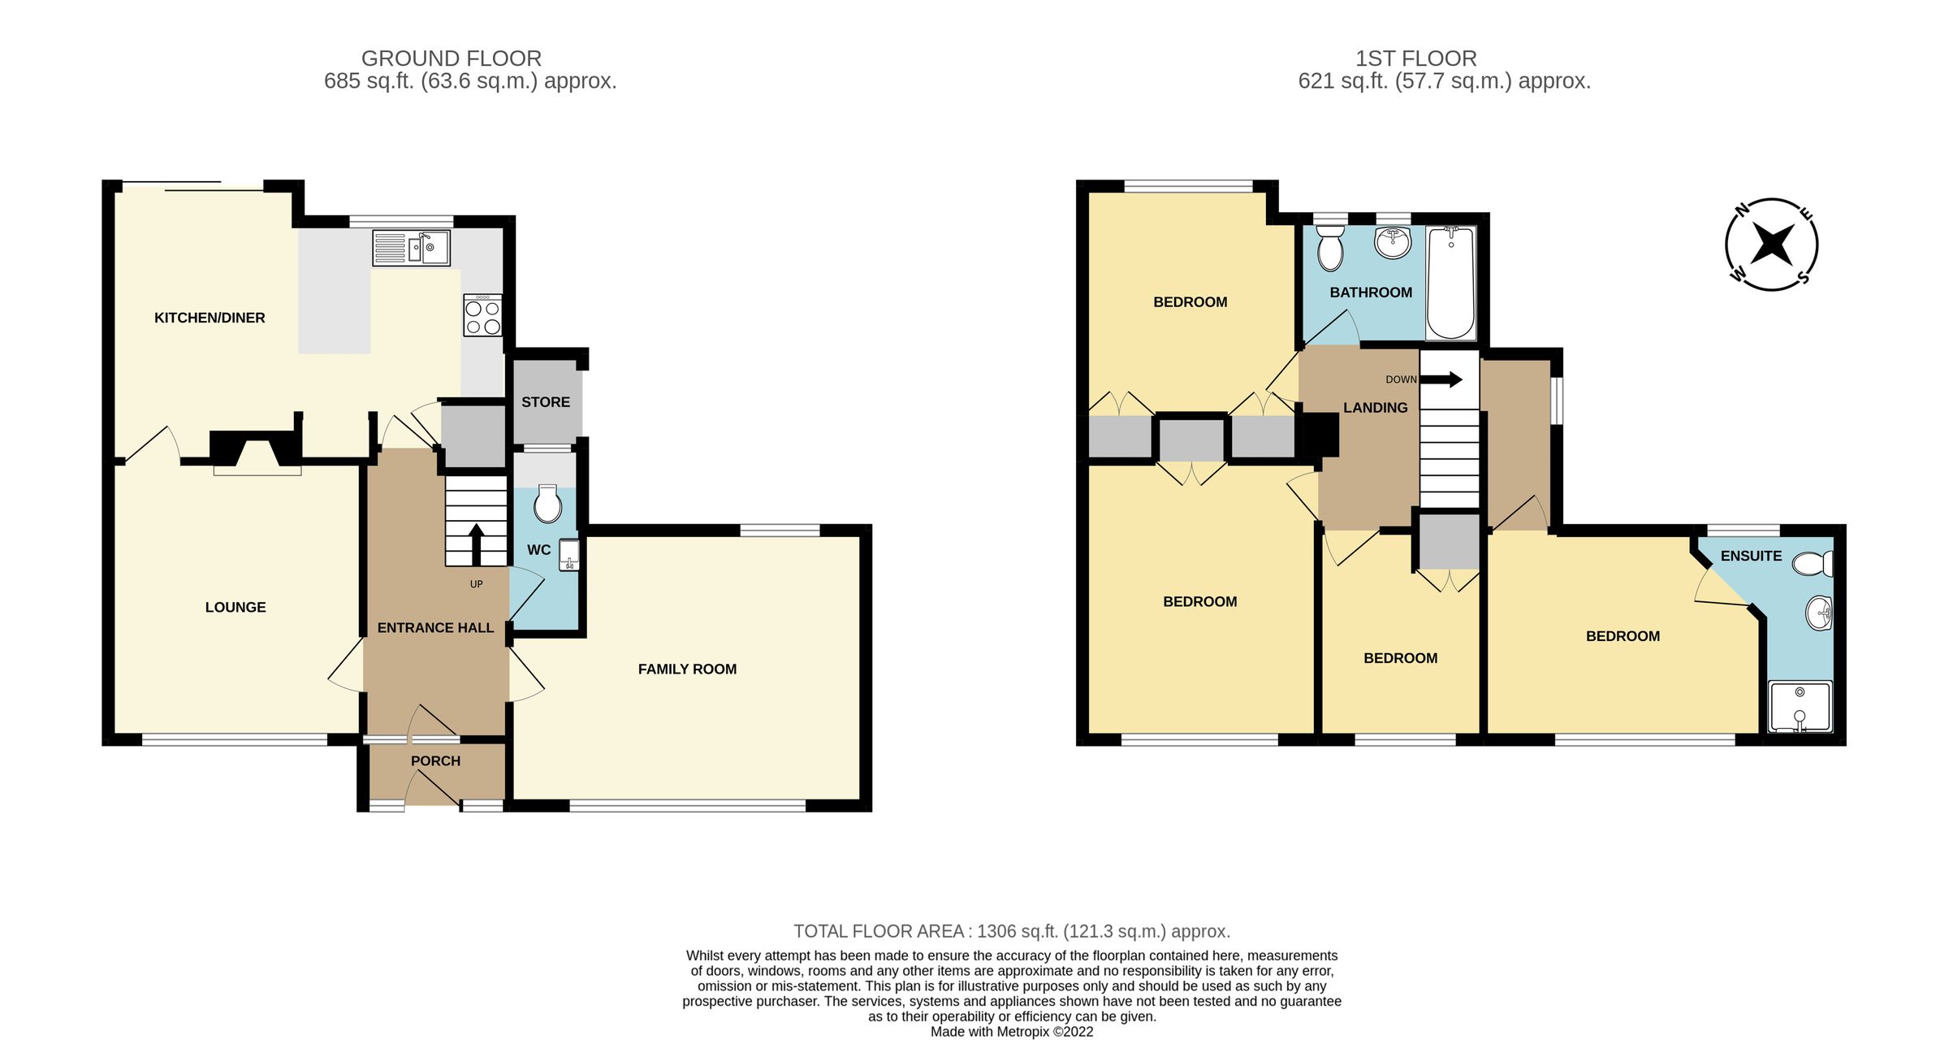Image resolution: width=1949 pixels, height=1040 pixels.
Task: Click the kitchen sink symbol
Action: tap(411, 248)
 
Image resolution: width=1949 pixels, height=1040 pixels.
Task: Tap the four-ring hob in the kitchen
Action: tap(482, 316)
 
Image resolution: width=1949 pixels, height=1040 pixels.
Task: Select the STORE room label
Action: tap(546, 402)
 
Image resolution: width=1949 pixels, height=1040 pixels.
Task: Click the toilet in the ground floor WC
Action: tap(548, 505)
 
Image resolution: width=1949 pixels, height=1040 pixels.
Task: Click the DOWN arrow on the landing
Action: tap(1442, 379)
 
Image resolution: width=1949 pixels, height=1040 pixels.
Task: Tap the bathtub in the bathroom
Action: tap(1451, 283)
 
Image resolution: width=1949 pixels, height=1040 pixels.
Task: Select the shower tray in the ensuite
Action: tap(1800, 706)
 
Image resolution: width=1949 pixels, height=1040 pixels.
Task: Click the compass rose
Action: tap(1771, 245)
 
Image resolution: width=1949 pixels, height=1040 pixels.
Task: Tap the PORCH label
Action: tap(435, 761)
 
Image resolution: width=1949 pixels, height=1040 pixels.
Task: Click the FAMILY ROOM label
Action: tap(687, 669)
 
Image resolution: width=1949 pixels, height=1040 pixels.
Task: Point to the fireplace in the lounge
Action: tap(257, 452)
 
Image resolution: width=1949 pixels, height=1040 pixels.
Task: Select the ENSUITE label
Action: tap(1751, 557)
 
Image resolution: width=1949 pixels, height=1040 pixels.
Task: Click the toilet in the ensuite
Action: tap(1813, 563)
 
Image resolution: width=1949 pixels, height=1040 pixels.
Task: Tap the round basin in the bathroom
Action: tap(1394, 241)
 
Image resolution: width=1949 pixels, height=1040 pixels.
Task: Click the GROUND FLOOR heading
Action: tap(452, 58)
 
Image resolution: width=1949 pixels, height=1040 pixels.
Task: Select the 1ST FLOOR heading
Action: tap(1415, 58)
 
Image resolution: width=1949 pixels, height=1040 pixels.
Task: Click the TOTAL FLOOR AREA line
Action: tap(1012, 931)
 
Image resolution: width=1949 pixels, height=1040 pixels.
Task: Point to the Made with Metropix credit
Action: tap(1012, 1032)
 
